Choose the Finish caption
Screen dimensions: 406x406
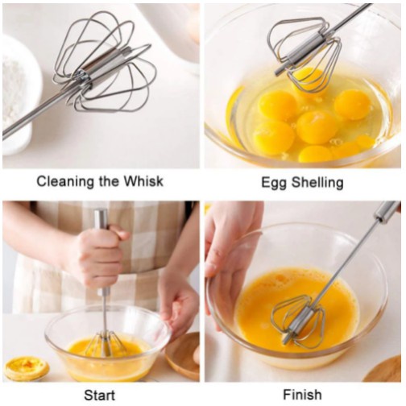[303, 395]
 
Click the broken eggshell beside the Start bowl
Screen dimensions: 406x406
[26, 368]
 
